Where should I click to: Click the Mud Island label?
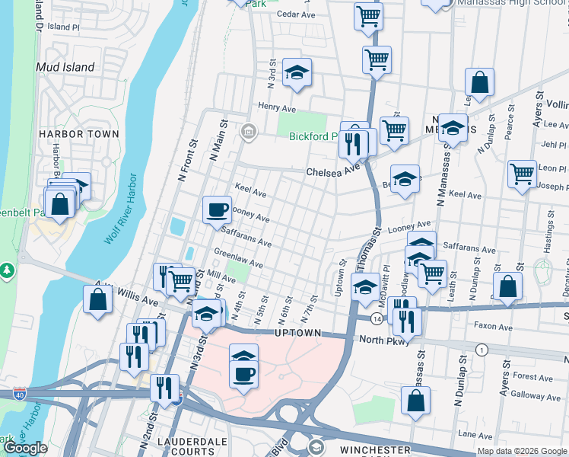click(65, 67)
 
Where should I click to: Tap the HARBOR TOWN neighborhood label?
click(79, 134)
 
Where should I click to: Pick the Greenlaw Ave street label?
click(238, 260)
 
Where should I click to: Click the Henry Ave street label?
click(276, 107)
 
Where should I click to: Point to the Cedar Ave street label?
click(296, 14)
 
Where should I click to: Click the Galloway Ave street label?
click(536, 395)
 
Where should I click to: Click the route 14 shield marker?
click(377, 317)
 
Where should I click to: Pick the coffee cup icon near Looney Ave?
click(217, 208)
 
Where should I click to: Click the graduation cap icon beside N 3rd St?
click(297, 72)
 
